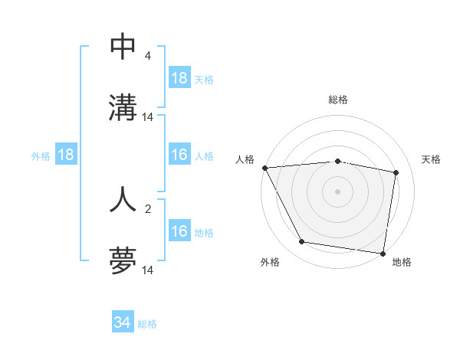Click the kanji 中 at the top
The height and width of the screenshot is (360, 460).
pos(123,47)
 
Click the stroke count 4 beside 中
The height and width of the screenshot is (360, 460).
pos(147,56)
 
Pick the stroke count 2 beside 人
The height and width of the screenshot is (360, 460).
pos(147,208)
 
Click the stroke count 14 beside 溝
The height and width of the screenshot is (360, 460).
pos(148,117)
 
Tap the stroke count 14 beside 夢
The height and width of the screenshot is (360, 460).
pos(148,270)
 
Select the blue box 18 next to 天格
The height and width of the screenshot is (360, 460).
pos(179,78)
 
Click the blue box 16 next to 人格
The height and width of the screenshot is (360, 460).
pos(179,155)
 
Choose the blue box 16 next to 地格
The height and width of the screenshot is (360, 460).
pos(179,231)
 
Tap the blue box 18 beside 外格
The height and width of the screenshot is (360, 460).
pos(66,155)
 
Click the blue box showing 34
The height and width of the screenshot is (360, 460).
pos(123,322)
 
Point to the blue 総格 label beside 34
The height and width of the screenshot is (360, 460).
pos(147,324)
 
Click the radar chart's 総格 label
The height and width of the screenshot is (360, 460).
pos(338,100)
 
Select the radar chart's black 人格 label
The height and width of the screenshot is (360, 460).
pos(245,159)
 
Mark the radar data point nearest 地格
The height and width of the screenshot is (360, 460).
pos(383,252)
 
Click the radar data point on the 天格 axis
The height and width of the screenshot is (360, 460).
pos(396,173)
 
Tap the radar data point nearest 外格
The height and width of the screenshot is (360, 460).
pos(302,242)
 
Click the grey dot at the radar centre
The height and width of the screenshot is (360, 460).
pos(338,191)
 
